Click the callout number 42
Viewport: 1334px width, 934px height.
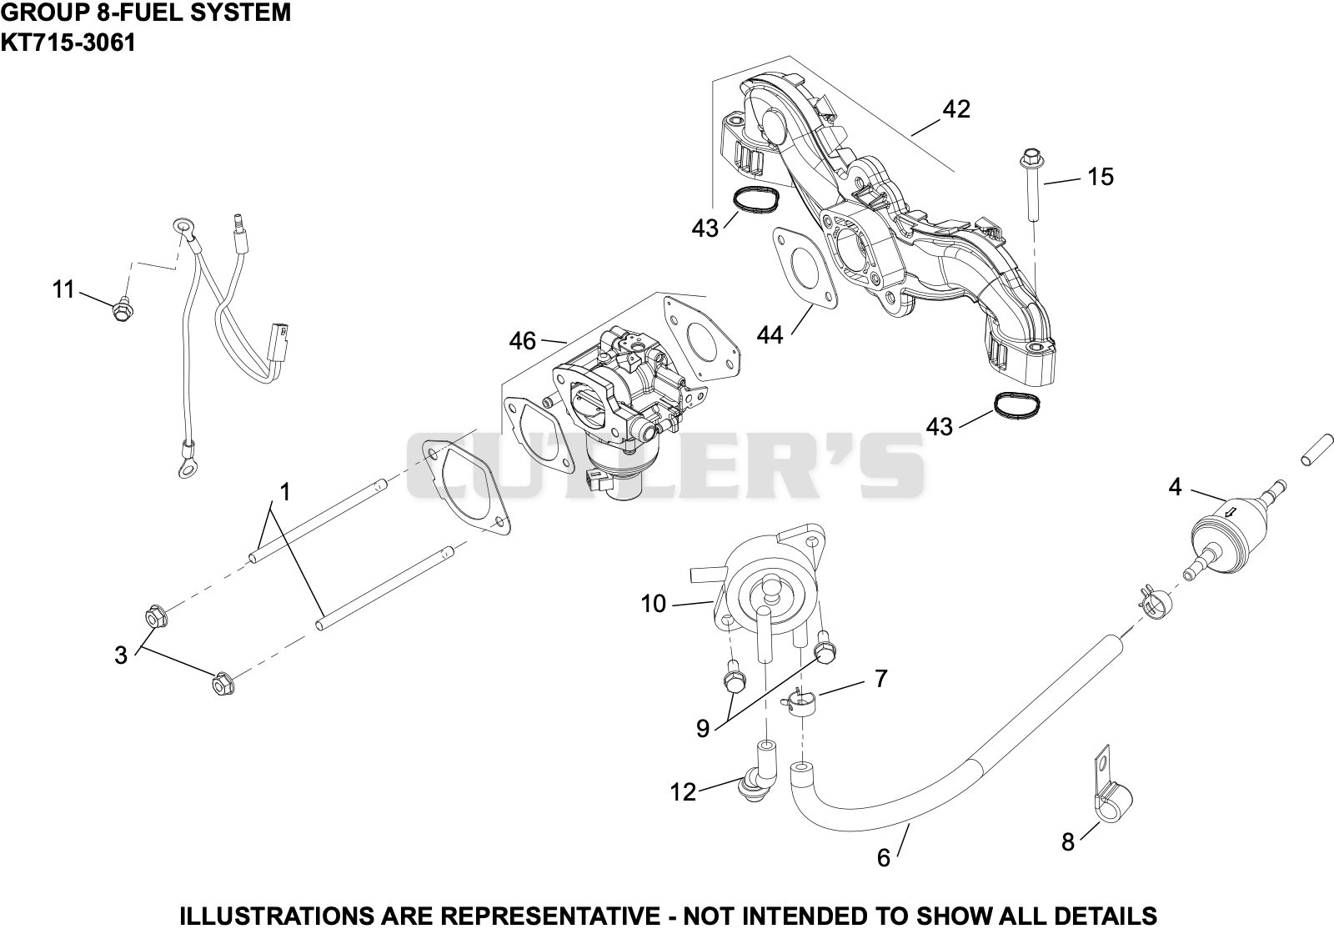[956, 109]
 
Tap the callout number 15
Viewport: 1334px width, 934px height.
[1100, 177]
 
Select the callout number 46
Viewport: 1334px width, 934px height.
[523, 341]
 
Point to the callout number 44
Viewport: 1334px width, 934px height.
[770, 335]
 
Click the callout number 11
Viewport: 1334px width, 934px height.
[63, 289]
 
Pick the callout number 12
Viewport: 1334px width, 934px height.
[683, 791]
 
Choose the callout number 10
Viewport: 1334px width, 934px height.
[654, 604]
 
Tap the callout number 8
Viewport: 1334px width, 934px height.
[1068, 841]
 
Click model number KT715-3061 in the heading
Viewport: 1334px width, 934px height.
[68, 43]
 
